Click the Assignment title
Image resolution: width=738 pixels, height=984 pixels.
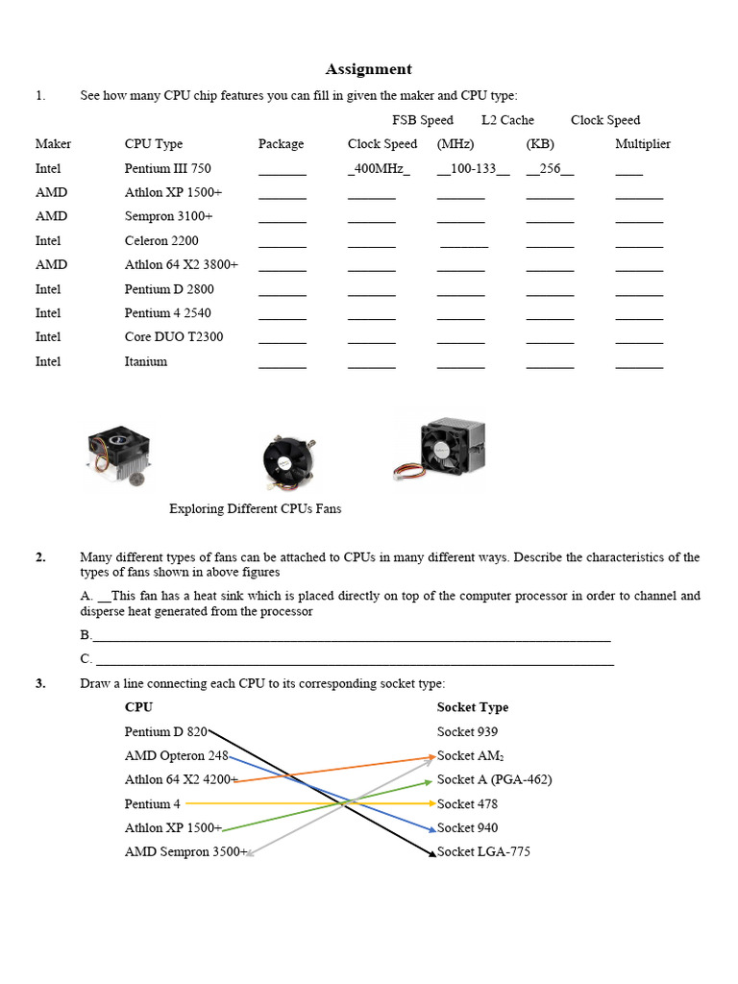coord(368,69)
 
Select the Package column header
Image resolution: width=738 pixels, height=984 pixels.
coord(281,144)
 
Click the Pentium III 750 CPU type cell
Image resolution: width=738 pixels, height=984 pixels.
coord(167,168)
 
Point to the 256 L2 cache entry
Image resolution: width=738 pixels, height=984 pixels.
coord(550,169)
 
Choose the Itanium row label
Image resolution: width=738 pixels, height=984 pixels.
coord(146,361)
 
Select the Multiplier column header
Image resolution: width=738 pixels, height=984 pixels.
coord(643,144)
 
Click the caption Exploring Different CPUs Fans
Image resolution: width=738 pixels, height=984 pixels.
coord(255,509)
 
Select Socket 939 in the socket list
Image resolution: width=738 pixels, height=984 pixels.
coord(467,731)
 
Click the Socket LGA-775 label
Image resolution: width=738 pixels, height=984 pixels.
coord(483,852)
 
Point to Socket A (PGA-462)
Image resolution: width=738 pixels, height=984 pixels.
coord(494,779)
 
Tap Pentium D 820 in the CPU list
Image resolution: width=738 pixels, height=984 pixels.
coord(165,731)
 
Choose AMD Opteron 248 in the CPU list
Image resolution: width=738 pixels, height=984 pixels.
coord(176,755)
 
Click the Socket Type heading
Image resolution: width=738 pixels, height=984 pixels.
coord(473,707)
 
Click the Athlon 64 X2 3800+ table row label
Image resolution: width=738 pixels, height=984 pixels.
coord(181,265)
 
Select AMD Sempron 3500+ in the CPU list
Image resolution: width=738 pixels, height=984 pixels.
coord(185,852)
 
